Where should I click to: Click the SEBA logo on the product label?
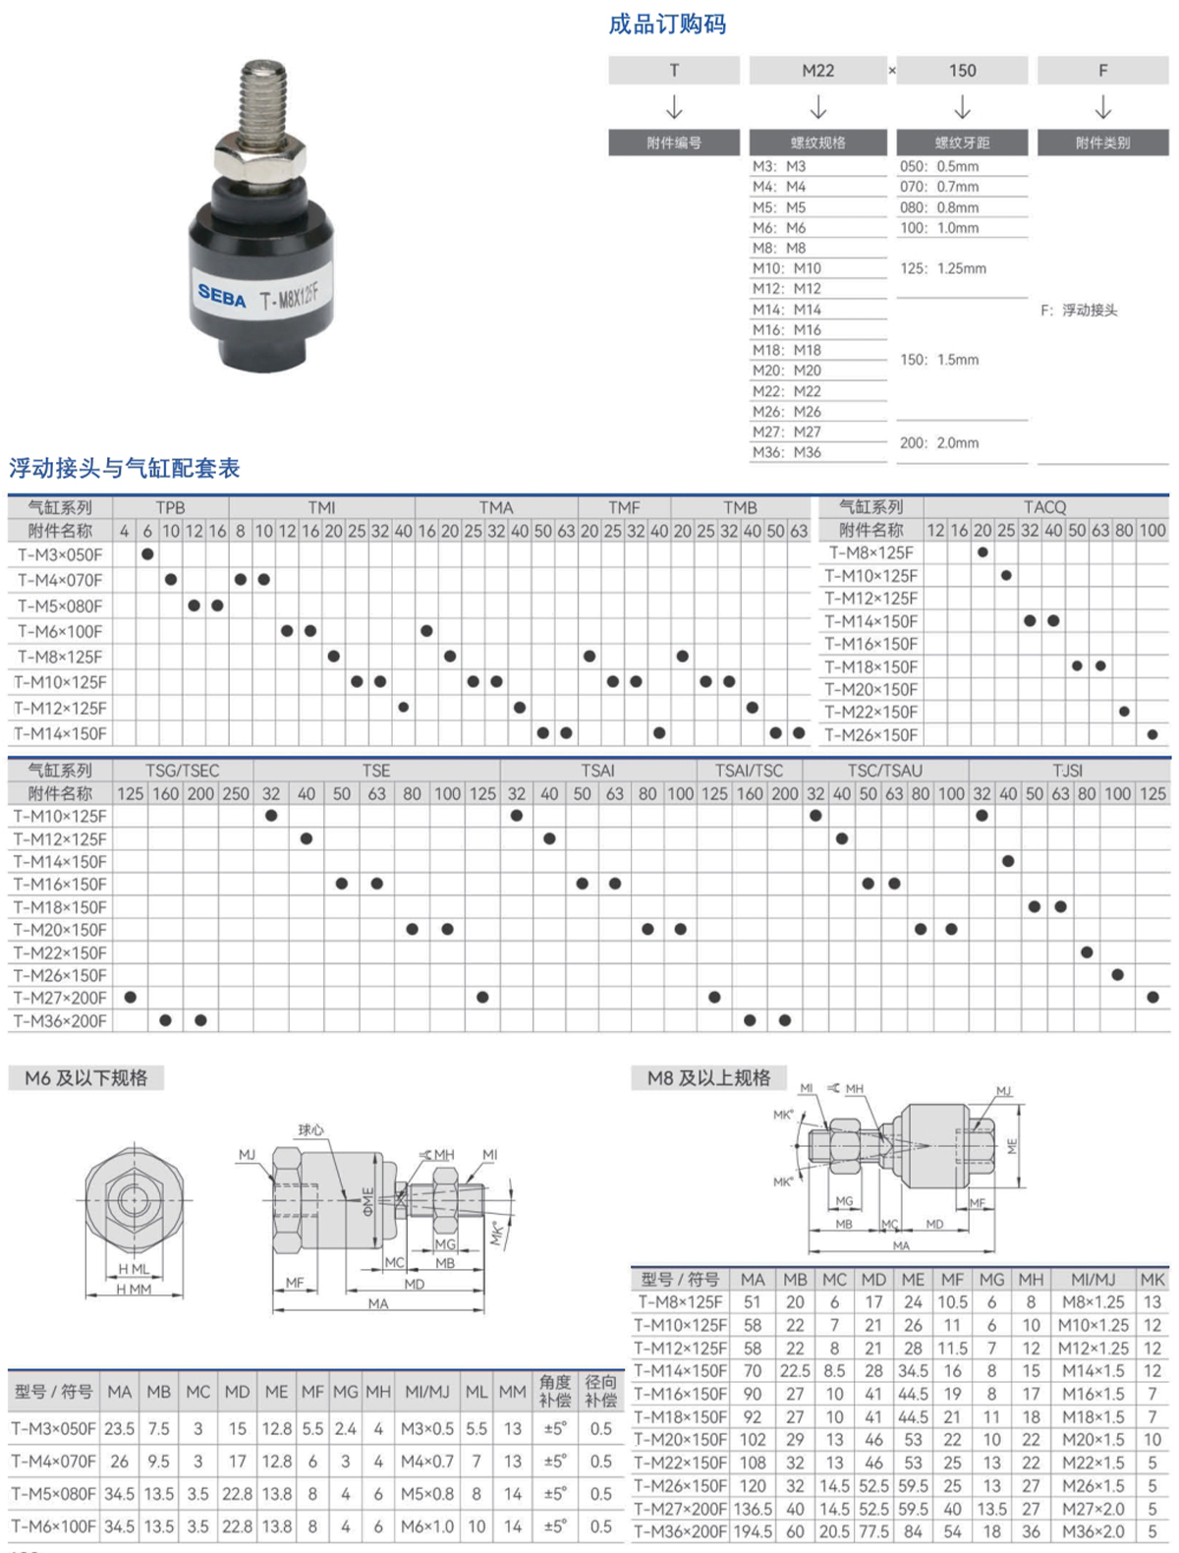pos(221,296)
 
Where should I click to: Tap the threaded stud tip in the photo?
pos(263,70)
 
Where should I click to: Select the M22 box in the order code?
pos(817,70)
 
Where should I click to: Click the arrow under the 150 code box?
pos(962,107)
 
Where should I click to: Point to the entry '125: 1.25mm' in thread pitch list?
pos(943,268)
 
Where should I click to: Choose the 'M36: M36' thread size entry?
pos(786,452)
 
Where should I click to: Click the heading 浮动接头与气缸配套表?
pos(125,468)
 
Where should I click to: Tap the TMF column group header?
pos(624,507)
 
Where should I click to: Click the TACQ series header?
pos(1044,506)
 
